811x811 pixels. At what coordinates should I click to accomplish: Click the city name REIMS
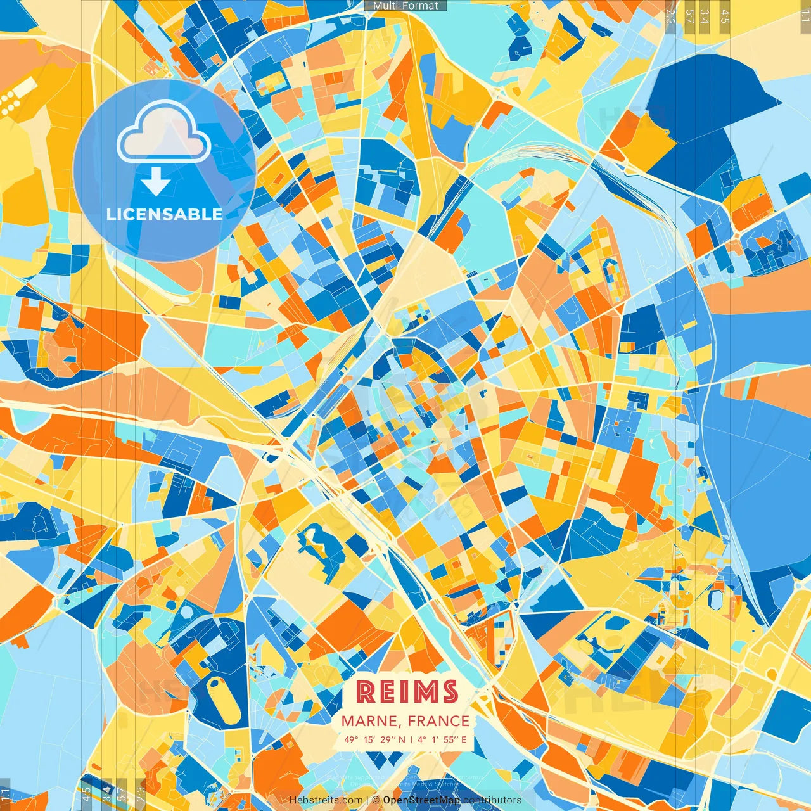point(407,692)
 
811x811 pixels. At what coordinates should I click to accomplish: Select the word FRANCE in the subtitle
point(438,721)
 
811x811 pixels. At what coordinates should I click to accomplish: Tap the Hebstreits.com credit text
point(326,800)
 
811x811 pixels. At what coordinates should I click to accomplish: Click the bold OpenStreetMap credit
point(421,800)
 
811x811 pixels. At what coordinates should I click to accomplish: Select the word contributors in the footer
point(492,800)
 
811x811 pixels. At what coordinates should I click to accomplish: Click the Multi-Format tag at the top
point(405,6)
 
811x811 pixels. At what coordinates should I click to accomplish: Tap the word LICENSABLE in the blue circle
point(165,214)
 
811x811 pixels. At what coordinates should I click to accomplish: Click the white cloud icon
point(163,133)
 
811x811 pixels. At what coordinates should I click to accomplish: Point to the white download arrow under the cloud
point(155,183)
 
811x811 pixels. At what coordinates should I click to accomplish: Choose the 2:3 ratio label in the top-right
point(671,16)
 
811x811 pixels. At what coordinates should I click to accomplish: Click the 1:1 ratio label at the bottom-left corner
point(6,794)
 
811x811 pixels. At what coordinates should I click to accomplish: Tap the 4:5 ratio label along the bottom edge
point(86,794)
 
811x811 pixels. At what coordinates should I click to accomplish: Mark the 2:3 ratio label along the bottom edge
point(140,794)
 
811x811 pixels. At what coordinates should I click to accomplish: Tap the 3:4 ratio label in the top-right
point(705,16)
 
